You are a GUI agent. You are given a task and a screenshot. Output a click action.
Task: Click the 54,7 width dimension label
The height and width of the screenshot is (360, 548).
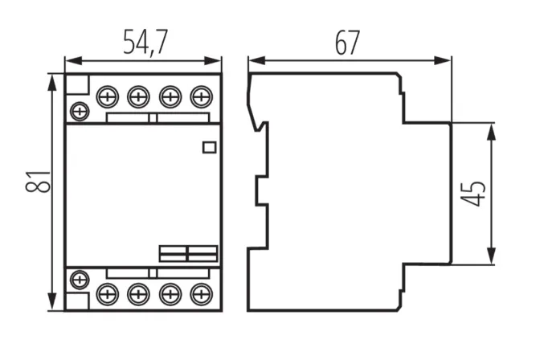[x=145, y=42]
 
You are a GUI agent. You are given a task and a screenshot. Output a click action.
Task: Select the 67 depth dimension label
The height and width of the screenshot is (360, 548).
[x=347, y=42]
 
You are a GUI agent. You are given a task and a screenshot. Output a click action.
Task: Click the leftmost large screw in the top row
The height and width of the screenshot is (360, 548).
[x=107, y=98]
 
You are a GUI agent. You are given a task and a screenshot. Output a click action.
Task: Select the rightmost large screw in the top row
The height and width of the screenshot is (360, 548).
[x=199, y=98]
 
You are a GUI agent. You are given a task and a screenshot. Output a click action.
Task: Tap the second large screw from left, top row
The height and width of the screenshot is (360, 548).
[x=137, y=98]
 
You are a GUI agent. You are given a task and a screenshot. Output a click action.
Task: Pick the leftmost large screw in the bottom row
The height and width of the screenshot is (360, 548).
[x=107, y=293]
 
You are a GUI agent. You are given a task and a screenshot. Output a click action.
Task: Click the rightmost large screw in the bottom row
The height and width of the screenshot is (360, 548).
[x=199, y=293]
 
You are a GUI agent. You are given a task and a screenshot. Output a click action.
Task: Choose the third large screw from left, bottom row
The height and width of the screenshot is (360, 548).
[x=169, y=293]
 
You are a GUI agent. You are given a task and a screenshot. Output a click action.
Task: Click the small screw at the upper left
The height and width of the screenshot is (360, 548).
[x=79, y=110]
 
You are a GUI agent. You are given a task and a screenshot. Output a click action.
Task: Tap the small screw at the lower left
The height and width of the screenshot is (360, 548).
[x=79, y=280]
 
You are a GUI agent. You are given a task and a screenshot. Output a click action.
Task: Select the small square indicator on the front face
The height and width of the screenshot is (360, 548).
[x=209, y=146]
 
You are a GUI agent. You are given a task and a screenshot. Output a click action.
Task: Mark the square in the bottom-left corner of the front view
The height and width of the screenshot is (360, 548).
[x=77, y=301]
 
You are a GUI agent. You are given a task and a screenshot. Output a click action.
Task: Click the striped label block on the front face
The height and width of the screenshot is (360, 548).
[x=188, y=253]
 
